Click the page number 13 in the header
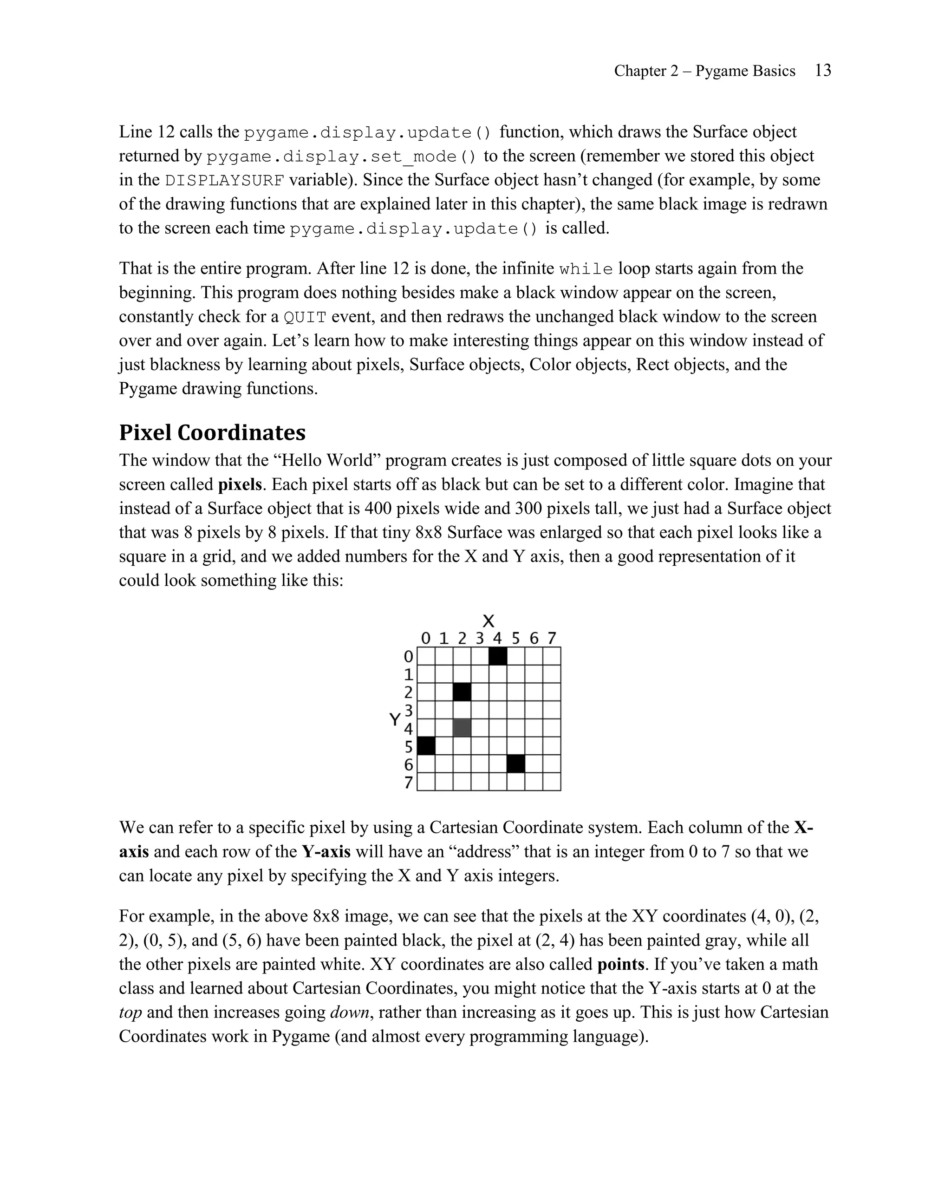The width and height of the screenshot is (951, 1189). click(x=822, y=71)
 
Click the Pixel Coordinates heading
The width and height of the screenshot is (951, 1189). click(x=212, y=432)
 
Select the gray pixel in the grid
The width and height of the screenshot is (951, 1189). click(x=462, y=728)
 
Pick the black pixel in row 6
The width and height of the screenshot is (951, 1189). click(x=515, y=764)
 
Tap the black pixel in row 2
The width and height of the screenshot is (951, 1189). click(x=462, y=692)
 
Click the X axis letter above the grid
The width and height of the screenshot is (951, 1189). click(x=489, y=621)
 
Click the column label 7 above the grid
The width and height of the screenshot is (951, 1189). click(x=552, y=639)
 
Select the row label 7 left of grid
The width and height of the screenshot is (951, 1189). click(x=409, y=783)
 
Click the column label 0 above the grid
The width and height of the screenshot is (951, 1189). click(x=426, y=639)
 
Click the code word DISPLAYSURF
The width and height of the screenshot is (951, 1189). click(x=225, y=181)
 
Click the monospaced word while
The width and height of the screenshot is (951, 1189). click(x=586, y=269)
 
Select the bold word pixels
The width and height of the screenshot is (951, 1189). click(x=239, y=485)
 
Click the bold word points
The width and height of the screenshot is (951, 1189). click(x=621, y=965)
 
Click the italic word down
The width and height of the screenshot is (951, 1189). click(x=350, y=1013)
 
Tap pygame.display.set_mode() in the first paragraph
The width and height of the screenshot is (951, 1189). click(x=341, y=157)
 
